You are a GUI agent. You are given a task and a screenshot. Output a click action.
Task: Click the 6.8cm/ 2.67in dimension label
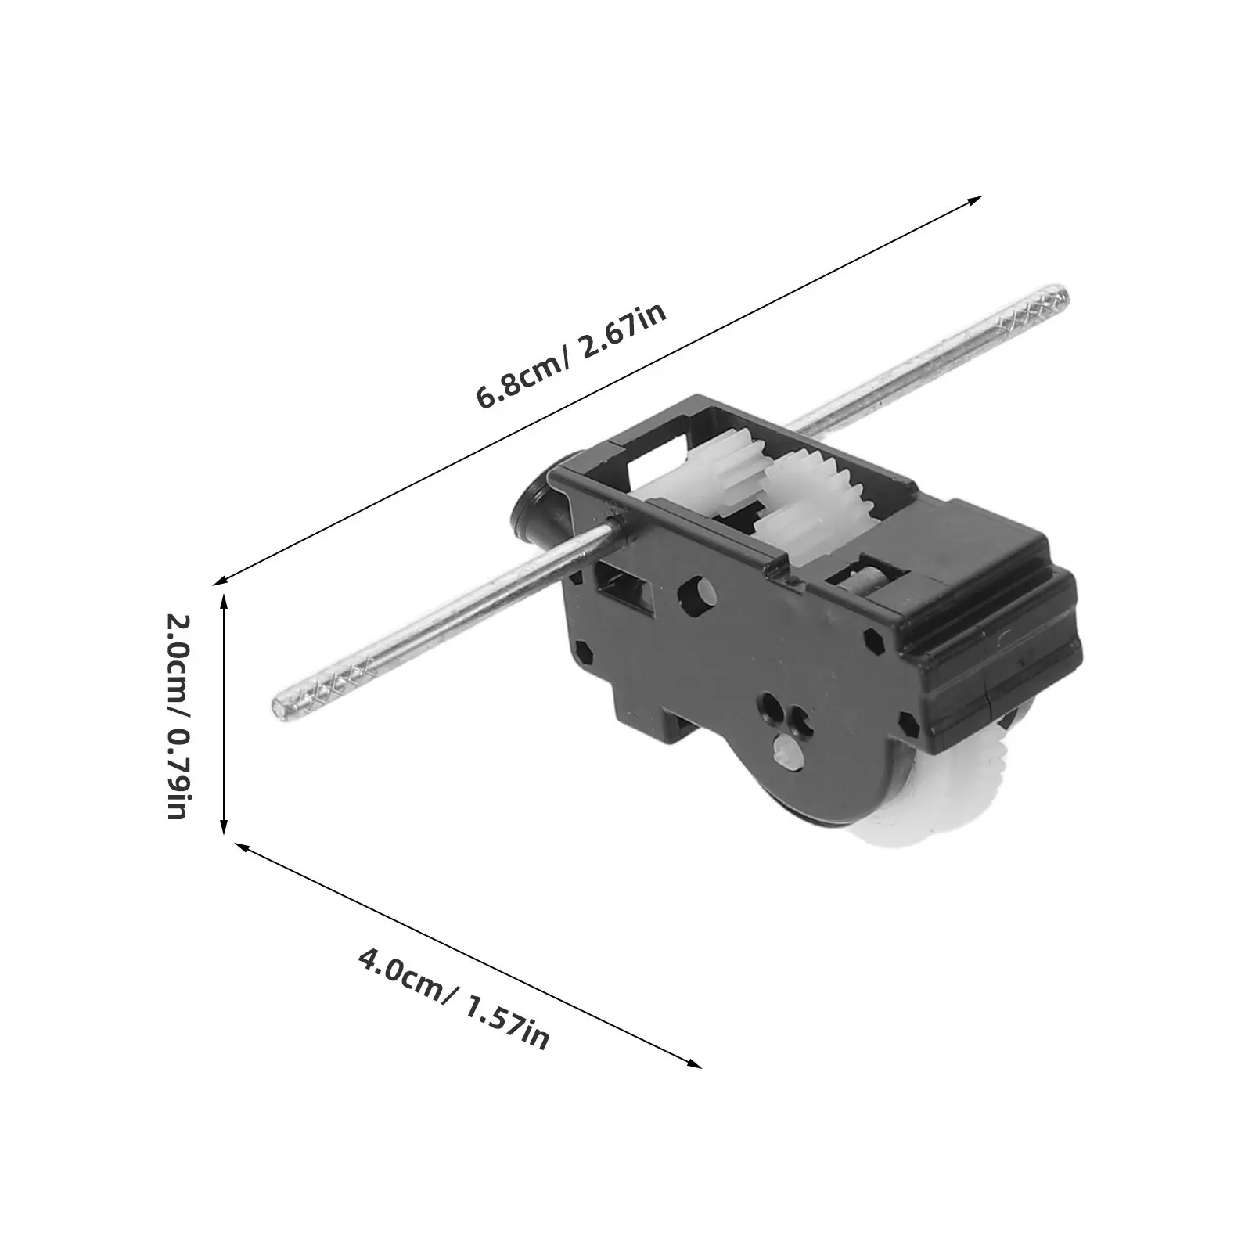point(572,356)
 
